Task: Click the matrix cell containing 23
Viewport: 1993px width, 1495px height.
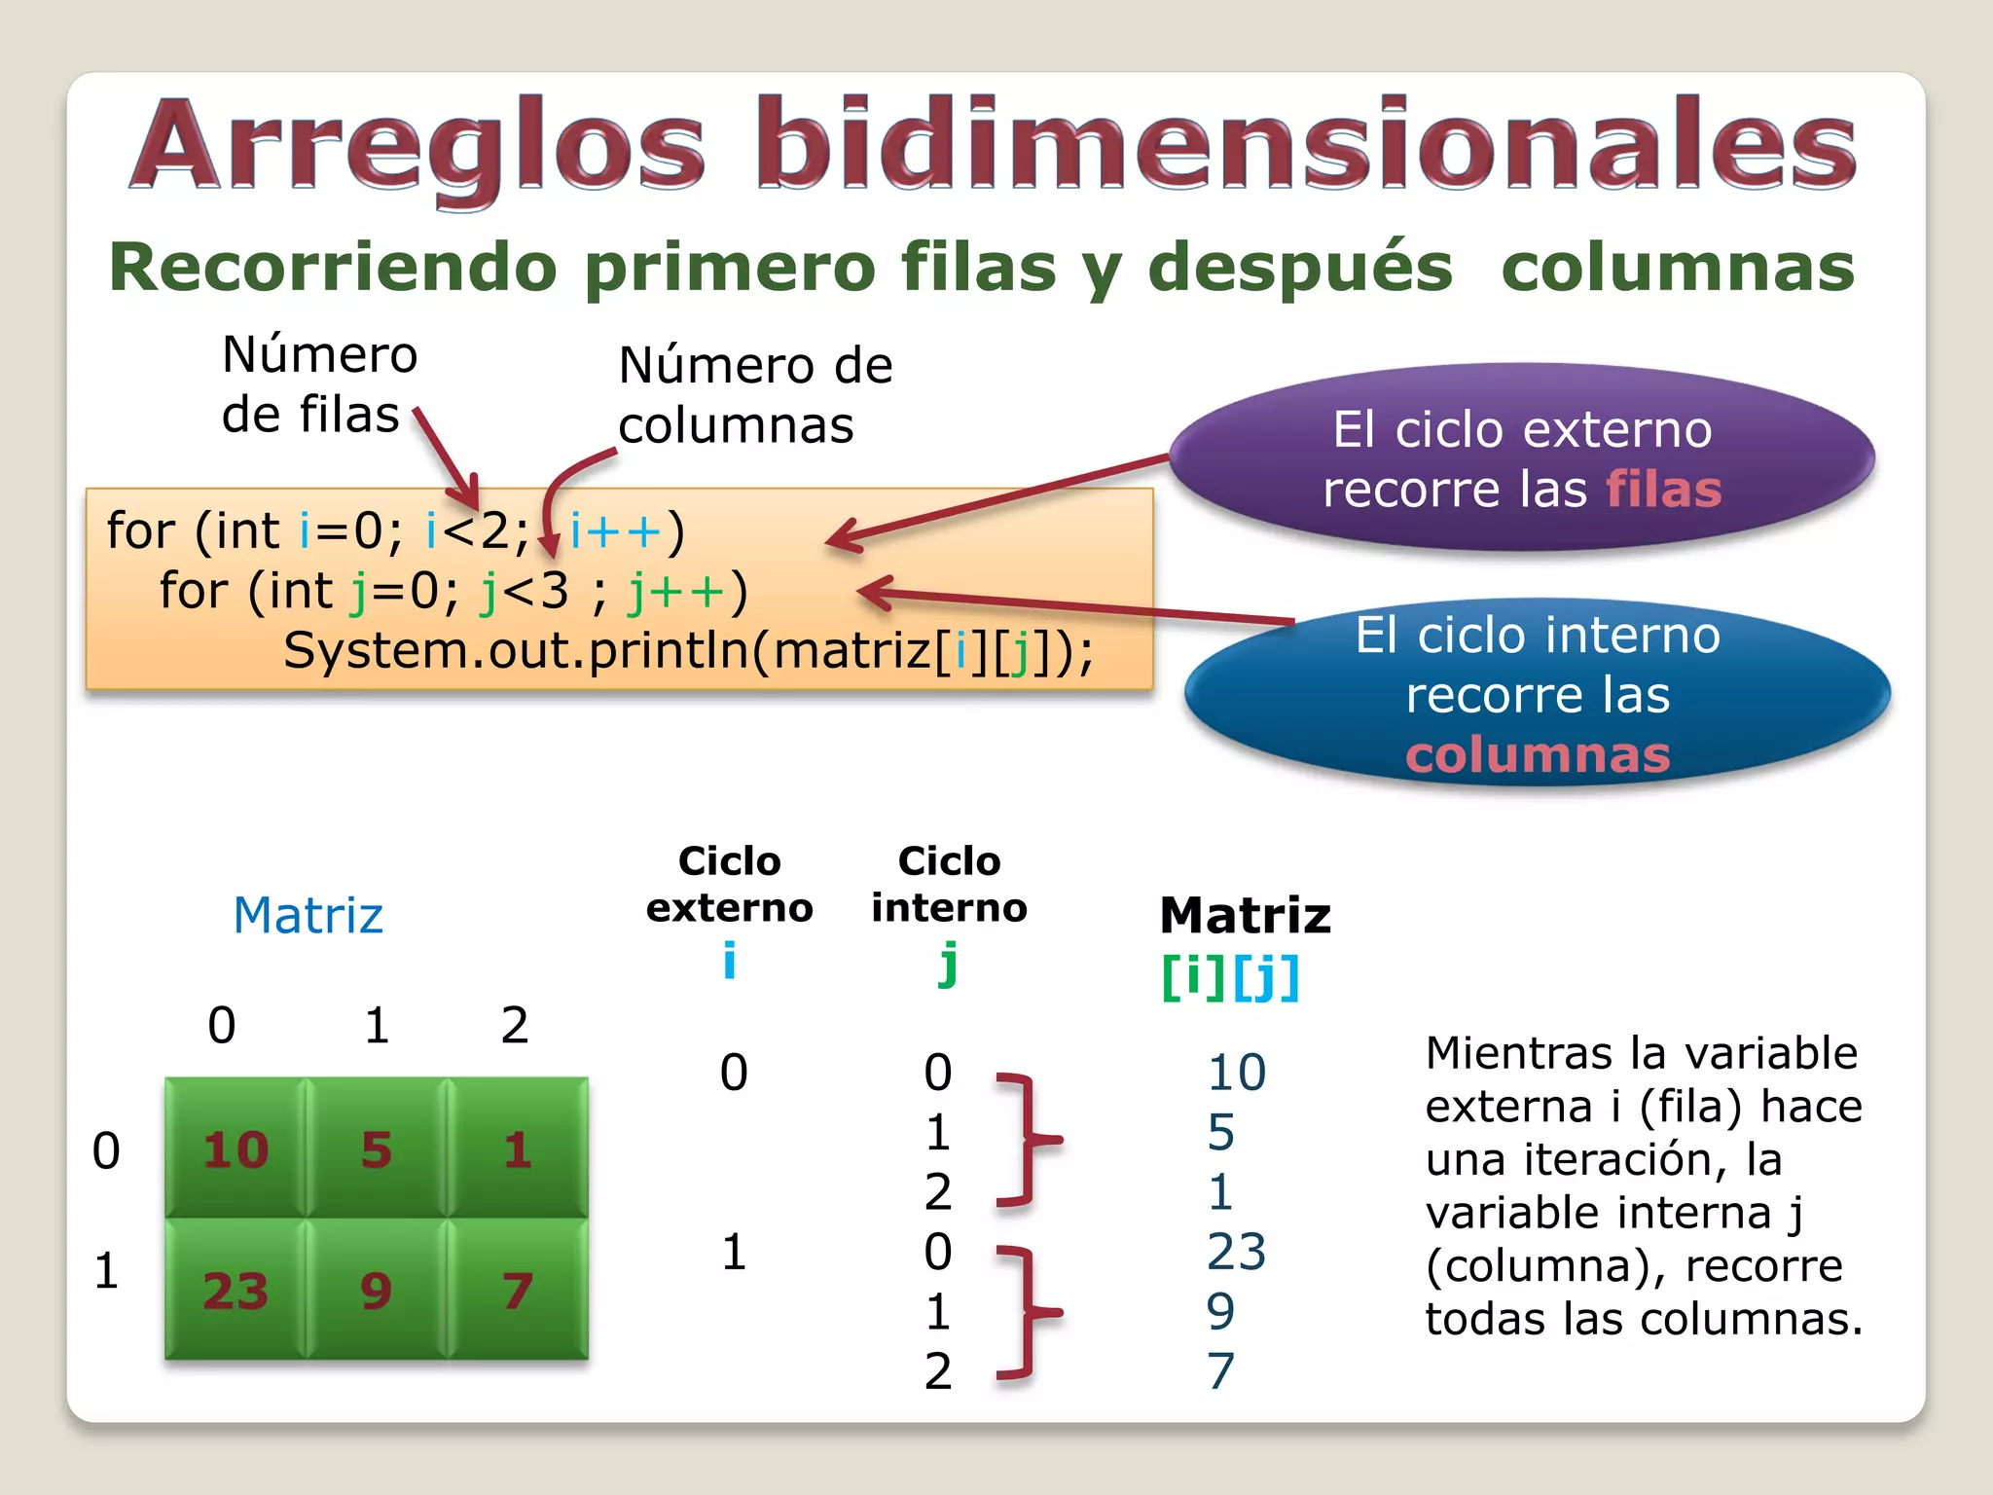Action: click(x=236, y=1291)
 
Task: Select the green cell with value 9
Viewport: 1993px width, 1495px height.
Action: click(x=376, y=1291)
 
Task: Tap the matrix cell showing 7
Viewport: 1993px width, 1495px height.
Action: click(x=517, y=1291)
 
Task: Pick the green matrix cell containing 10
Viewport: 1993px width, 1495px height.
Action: click(x=236, y=1149)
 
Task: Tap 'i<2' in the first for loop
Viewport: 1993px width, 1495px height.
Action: click(x=467, y=531)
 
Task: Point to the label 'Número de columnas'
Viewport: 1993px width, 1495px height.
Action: click(x=755, y=394)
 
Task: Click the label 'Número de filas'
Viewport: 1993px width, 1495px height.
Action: click(x=318, y=383)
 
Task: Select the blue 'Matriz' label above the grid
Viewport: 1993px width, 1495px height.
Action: click(x=308, y=915)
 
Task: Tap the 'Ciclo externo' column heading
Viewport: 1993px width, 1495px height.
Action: click(x=730, y=884)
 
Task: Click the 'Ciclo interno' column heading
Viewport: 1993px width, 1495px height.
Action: click(x=949, y=884)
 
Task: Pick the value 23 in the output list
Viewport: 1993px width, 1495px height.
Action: click(x=1236, y=1252)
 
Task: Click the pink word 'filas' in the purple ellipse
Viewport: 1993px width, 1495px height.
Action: click(x=1663, y=489)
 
